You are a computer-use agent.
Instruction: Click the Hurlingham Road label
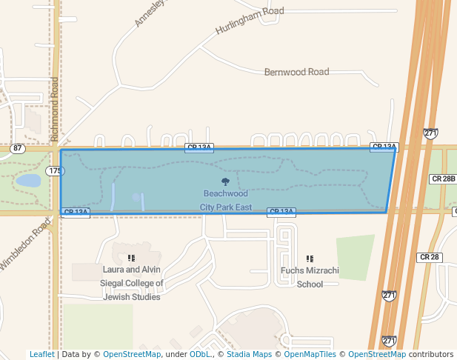click(250, 21)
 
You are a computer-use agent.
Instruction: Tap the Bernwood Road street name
click(296, 72)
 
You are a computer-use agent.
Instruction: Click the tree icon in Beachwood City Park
click(226, 181)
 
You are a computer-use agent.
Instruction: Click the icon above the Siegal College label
click(131, 259)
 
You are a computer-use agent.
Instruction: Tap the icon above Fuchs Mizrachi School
click(310, 259)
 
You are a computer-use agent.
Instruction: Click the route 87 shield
click(17, 148)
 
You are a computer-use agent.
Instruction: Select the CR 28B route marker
click(443, 179)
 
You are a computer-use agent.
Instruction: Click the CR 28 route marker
click(430, 257)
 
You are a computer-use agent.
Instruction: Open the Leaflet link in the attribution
click(41, 354)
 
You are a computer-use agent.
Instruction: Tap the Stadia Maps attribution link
click(249, 354)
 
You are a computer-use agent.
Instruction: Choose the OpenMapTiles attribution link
click(310, 354)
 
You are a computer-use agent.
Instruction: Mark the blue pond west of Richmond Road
click(28, 180)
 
